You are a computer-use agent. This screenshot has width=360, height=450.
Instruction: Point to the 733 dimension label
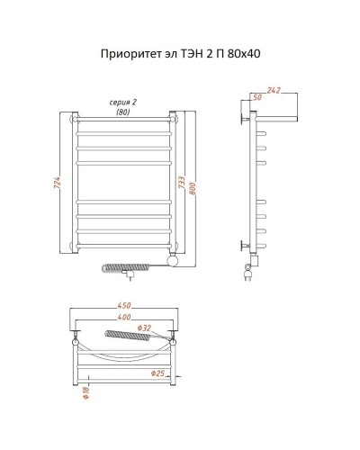[180, 183]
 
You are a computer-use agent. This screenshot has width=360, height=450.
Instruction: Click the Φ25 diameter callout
[157, 373]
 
